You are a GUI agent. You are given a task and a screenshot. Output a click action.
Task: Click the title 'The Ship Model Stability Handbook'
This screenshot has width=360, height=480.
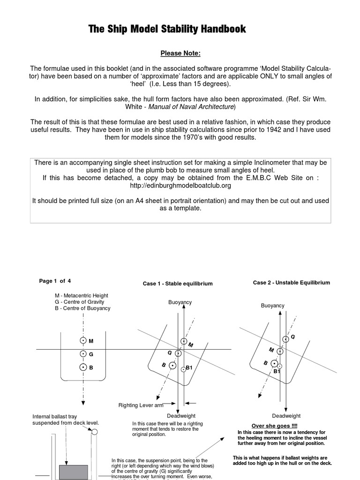(x=167, y=29)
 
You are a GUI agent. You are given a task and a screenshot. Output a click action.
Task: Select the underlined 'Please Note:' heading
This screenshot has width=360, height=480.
(x=180, y=53)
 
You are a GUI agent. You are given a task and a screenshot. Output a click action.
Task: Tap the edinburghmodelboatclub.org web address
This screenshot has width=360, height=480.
(x=180, y=186)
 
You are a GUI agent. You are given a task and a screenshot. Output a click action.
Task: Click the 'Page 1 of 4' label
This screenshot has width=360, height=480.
(x=55, y=281)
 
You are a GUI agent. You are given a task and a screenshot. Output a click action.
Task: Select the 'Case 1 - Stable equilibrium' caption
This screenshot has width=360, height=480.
(x=178, y=284)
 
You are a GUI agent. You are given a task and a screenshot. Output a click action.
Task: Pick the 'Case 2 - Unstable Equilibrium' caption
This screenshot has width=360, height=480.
(x=291, y=283)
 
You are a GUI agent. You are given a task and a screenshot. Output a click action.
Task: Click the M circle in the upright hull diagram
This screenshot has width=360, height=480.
(x=83, y=341)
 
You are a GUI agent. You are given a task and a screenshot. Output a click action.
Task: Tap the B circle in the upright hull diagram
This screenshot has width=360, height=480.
(x=83, y=367)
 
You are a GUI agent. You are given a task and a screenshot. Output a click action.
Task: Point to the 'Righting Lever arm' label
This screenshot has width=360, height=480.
(x=141, y=405)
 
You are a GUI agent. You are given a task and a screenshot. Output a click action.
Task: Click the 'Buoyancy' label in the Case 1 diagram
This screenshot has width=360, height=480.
(x=180, y=302)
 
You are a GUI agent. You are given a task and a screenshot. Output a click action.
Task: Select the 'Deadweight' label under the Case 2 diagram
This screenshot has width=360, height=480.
(x=286, y=416)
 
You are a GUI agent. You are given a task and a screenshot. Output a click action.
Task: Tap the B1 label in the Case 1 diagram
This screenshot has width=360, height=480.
(x=189, y=368)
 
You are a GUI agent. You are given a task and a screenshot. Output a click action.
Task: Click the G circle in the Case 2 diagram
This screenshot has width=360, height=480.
(x=285, y=339)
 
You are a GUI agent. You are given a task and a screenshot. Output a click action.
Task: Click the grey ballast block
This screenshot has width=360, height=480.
(x=74, y=472)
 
